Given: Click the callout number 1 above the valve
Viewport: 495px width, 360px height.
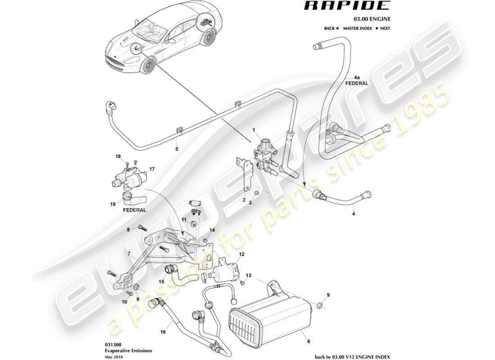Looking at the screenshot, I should (x=254, y=130).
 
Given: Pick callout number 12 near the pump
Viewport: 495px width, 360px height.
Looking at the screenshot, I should (x=242, y=254).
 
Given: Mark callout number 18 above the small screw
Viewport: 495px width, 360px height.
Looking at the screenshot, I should (x=118, y=157).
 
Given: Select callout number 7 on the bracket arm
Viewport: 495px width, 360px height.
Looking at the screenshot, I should (x=130, y=255).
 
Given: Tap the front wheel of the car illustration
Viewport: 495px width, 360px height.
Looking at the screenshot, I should (x=147, y=67).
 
